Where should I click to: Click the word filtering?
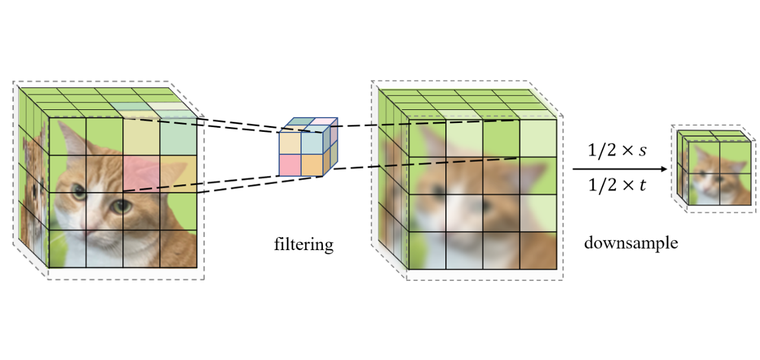coord(303,244)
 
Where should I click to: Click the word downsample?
coord(631,243)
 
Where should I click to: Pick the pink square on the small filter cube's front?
coord(290,165)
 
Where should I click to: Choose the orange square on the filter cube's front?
coord(311,165)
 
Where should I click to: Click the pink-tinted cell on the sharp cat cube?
coord(141,173)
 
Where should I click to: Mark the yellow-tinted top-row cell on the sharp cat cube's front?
coord(141,136)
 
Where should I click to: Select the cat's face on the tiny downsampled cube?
coord(707,173)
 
